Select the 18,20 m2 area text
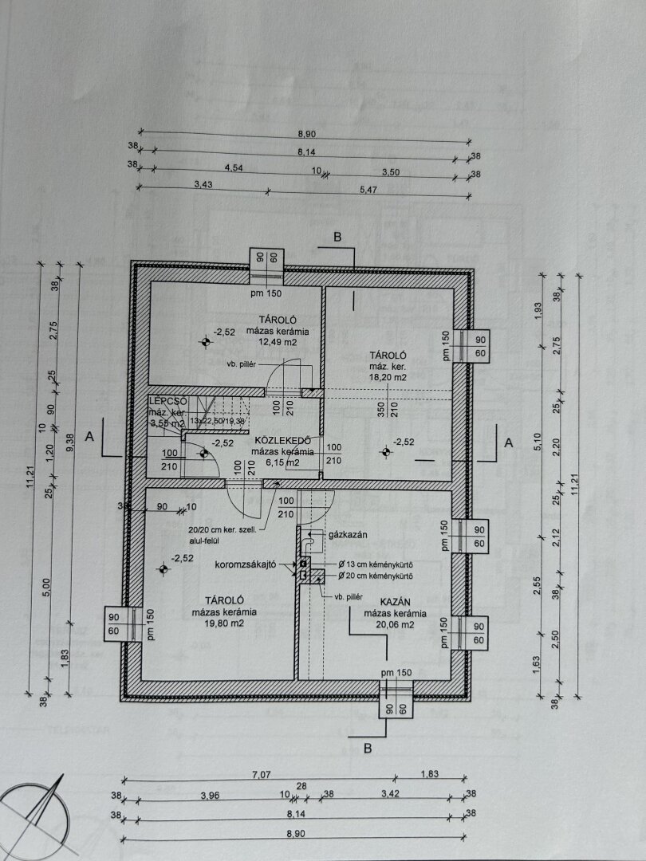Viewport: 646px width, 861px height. tap(388, 378)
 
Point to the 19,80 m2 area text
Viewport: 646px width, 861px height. tap(223, 624)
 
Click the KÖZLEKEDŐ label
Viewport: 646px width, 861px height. tap(277, 440)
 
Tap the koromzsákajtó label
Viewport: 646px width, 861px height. tap(245, 564)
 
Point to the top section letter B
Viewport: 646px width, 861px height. tap(337, 237)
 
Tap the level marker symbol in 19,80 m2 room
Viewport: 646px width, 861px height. tap(163, 568)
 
